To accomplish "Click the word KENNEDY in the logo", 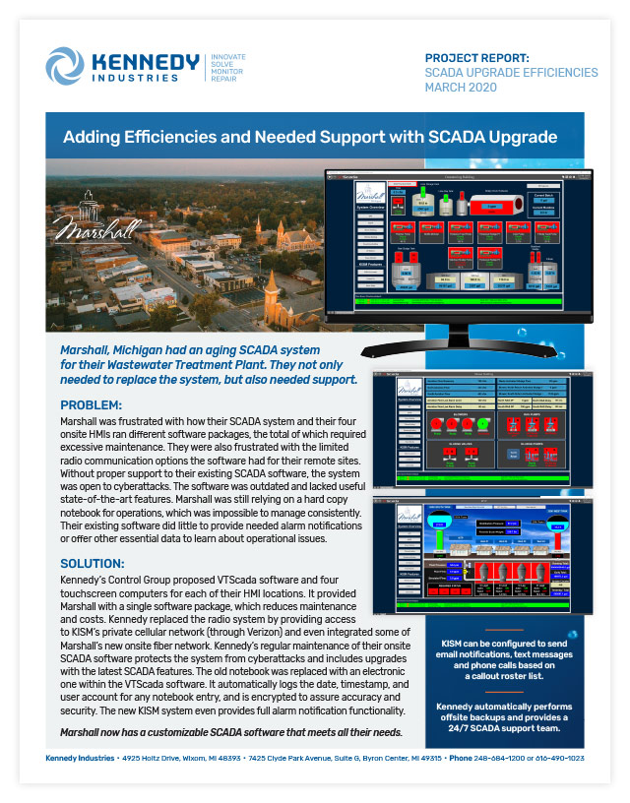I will (x=143, y=61).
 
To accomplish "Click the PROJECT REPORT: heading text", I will (x=476, y=57).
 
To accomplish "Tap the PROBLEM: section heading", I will (x=93, y=404).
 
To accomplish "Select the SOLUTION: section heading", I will (x=94, y=563).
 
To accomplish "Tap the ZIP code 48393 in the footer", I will (x=264, y=758).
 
